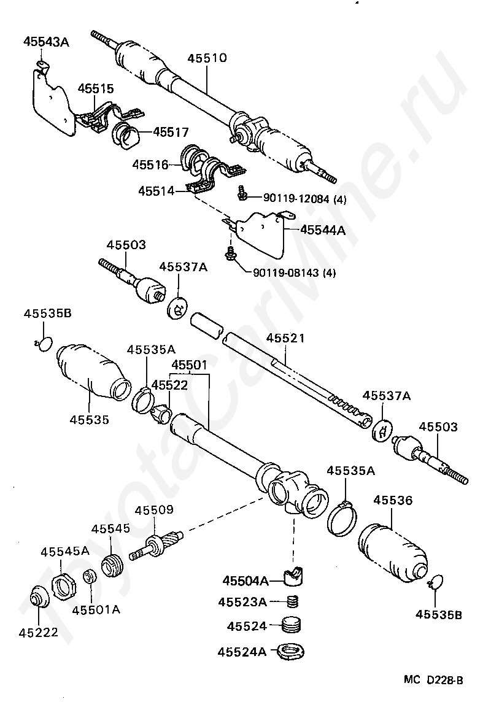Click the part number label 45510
pyautogui.click(x=206, y=59)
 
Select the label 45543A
pyautogui.click(x=46, y=42)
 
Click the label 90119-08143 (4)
pyautogui.click(x=294, y=272)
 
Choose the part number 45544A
pyautogui.click(x=323, y=231)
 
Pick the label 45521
pyautogui.click(x=285, y=339)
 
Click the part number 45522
pyautogui.click(x=169, y=385)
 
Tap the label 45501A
pyautogui.click(x=96, y=610)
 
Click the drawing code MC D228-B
pyautogui.click(x=433, y=679)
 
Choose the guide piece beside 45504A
pyautogui.click(x=295, y=576)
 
